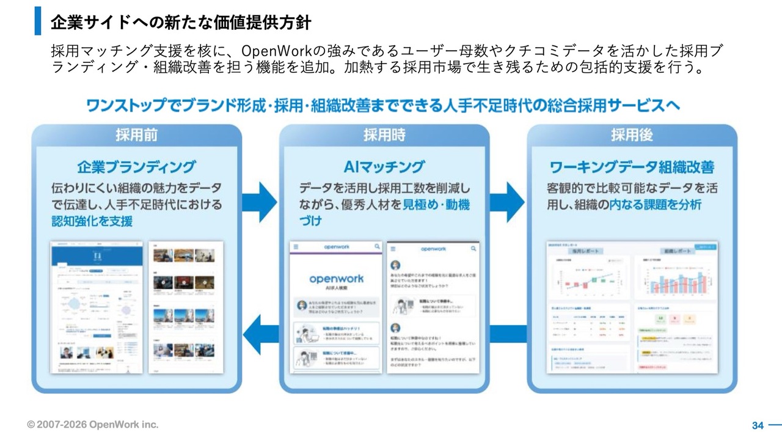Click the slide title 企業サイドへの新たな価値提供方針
click(x=181, y=23)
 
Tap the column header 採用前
click(x=137, y=135)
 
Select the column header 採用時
click(x=384, y=135)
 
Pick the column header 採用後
click(x=632, y=135)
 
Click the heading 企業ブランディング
click(x=137, y=166)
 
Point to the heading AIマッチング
click(x=384, y=166)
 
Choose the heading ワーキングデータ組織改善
click(x=632, y=166)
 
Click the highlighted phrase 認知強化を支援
click(x=92, y=221)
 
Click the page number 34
click(x=758, y=425)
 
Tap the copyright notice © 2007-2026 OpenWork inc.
click(x=92, y=425)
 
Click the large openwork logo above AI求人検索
click(x=336, y=279)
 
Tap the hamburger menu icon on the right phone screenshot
click(x=393, y=249)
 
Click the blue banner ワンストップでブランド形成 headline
click(x=384, y=105)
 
